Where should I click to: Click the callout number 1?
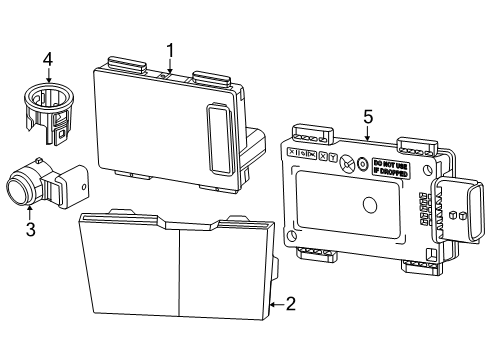click(170, 49)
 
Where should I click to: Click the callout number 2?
click(290, 304)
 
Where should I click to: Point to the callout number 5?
click(368, 117)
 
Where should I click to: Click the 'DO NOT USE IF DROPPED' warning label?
click(391, 167)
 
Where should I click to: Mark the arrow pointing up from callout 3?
click(30, 213)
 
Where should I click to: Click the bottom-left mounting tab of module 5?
click(317, 251)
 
